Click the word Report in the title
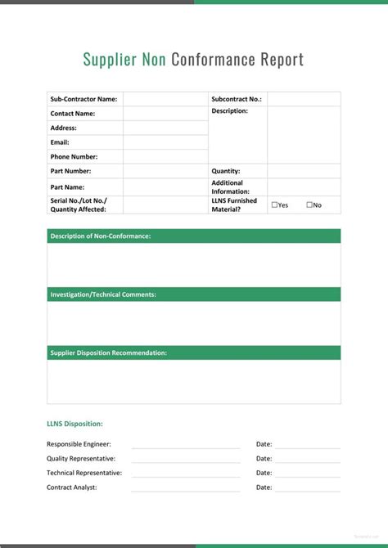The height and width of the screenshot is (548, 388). (282, 60)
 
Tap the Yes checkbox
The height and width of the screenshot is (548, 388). (274, 204)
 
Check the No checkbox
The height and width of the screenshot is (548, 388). (309, 204)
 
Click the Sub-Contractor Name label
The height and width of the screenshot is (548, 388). (83, 99)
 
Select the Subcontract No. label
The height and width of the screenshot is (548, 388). (237, 99)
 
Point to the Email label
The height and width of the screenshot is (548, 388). (60, 142)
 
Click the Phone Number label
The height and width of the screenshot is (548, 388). (74, 156)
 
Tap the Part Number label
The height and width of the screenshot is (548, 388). (70, 171)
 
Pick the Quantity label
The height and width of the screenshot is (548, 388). (226, 171)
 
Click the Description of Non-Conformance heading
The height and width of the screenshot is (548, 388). (101, 236)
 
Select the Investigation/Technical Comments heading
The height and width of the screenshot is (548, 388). (103, 294)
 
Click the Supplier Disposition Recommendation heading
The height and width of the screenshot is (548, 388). (109, 353)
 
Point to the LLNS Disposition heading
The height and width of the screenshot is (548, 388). (74, 424)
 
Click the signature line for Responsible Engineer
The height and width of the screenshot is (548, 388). (186, 447)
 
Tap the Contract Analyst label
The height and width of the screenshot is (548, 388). (72, 487)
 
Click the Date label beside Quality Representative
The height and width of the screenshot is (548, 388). (264, 459)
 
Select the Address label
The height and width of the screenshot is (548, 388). (63, 128)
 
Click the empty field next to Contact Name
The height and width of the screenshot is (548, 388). (165, 114)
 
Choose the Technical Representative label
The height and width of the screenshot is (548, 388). (84, 473)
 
